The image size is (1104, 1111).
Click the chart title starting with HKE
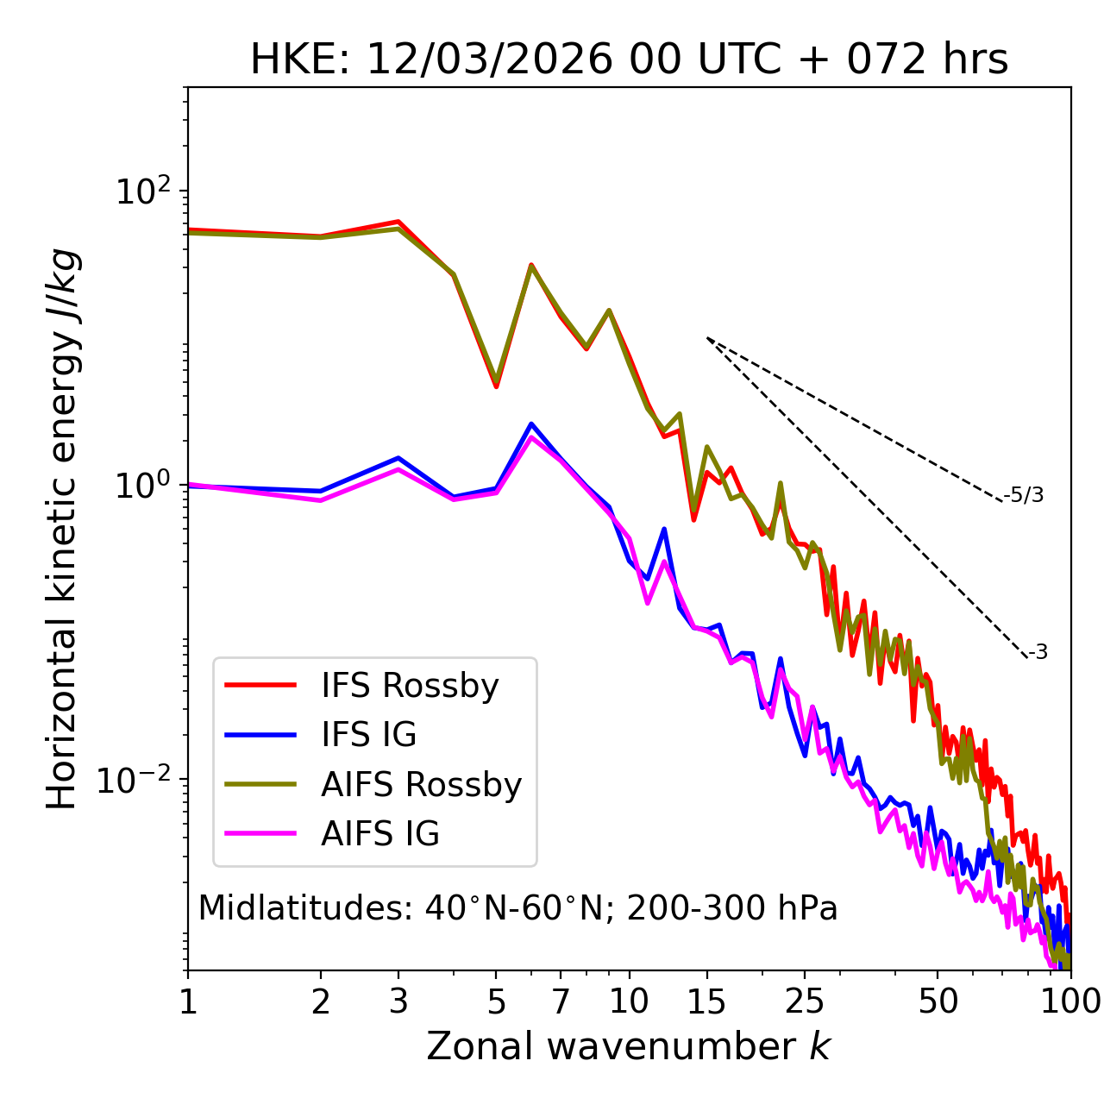pyautogui.click(x=629, y=60)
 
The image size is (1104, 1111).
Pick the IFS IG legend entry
pyautogui.click(x=368, y=735)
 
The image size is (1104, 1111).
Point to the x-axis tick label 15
pyautogui.click(x=706, y=1001)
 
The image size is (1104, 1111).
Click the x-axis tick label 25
pyautogui.click(x=805, y=1001)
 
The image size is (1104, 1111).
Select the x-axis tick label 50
pyautogui.click(x=938, y=1001)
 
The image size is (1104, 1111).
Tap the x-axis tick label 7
pyautogui.click(x=561, y=1001)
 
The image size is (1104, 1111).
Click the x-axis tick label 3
pyautogui.click(x=398, y=1001)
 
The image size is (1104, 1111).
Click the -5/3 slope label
pyautogui.click(x=1024, y=495)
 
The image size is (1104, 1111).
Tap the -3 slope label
pyautogui.click(x=1038, y=652)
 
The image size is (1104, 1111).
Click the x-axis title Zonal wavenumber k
pyautogui.click(x=629, y=1046)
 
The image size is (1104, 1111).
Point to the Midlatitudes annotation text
pyautogui.click(x=517, y=908)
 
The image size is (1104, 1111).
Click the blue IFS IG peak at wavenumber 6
pyautogui.click(x=531, y=424)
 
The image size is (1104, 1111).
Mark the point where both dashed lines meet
pyautogui.click(x=707, y=338)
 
